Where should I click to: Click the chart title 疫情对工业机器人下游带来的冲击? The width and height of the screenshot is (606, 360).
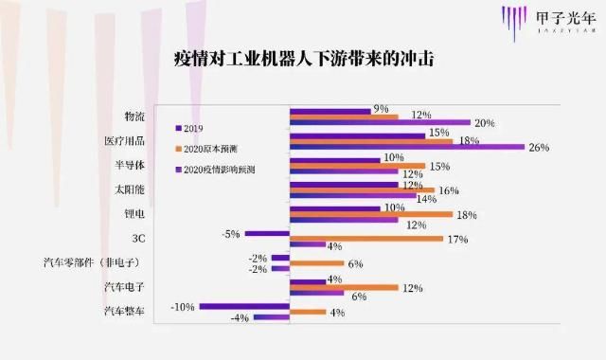click(303, 58)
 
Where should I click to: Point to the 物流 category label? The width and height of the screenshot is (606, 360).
click(135, 117)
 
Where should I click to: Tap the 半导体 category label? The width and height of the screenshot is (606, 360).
click(131, 165)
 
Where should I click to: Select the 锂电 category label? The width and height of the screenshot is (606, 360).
click(135, 213)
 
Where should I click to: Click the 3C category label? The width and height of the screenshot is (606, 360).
click(138, 238)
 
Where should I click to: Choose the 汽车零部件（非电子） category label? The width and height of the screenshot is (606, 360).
click(94, 261)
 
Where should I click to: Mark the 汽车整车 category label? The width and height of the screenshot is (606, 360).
click(126, 311)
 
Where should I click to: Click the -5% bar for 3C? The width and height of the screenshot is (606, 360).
click(267, 233)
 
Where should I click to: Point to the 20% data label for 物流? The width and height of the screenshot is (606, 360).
click(485, 123)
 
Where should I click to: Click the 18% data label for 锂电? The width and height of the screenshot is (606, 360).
click(466, 215)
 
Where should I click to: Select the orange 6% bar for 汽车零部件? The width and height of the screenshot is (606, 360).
click(317, 263)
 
